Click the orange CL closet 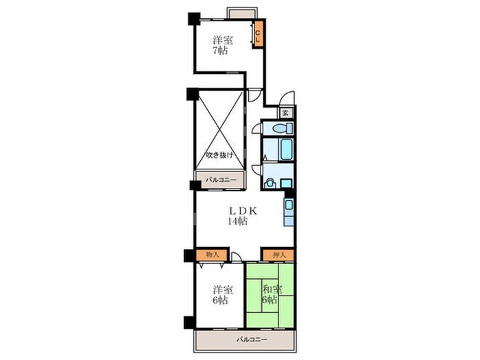(x=259, y=34)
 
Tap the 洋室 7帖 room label (x=223, y=45)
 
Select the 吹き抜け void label (x=219, y=155)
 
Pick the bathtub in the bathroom (x=287, y=149)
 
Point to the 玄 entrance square (x=285, y=112)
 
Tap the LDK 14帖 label (x=242, y=215)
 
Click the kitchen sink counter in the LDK (x=289, y=212)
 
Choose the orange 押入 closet (x=279, y=254)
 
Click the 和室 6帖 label (x=272, y=294)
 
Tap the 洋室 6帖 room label (x=223, y=295)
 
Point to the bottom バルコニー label (x=252, y=339)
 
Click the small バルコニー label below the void (x=221, y=180)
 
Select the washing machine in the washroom (x=269, y=183)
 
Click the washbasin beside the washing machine (x=286, y=183)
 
